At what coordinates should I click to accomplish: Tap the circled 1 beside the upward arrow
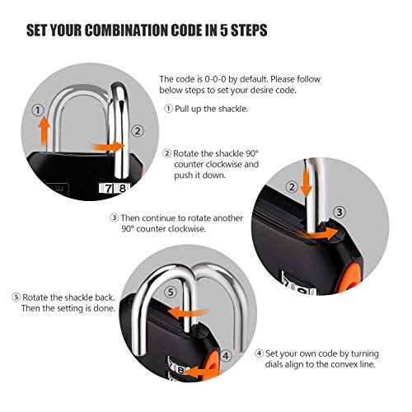[36, 110]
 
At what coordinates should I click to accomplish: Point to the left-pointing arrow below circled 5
[183, 311]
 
